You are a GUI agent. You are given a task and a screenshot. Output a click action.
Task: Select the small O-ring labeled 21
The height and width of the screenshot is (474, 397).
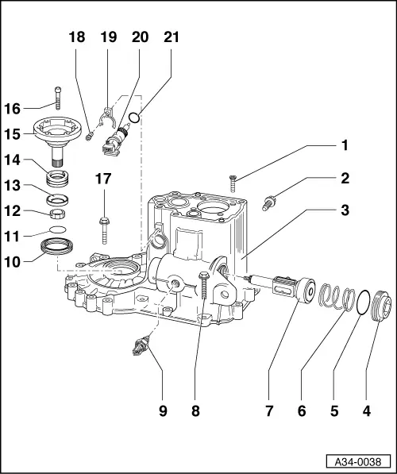coord(135,118)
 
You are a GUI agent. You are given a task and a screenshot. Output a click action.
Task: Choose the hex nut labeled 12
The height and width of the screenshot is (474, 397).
coord(56,212)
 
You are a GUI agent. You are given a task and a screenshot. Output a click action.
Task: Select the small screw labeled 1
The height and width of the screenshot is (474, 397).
coord(233,183)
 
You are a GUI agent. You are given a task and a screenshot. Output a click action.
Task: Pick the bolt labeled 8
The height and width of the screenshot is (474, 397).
coord(205,287)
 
